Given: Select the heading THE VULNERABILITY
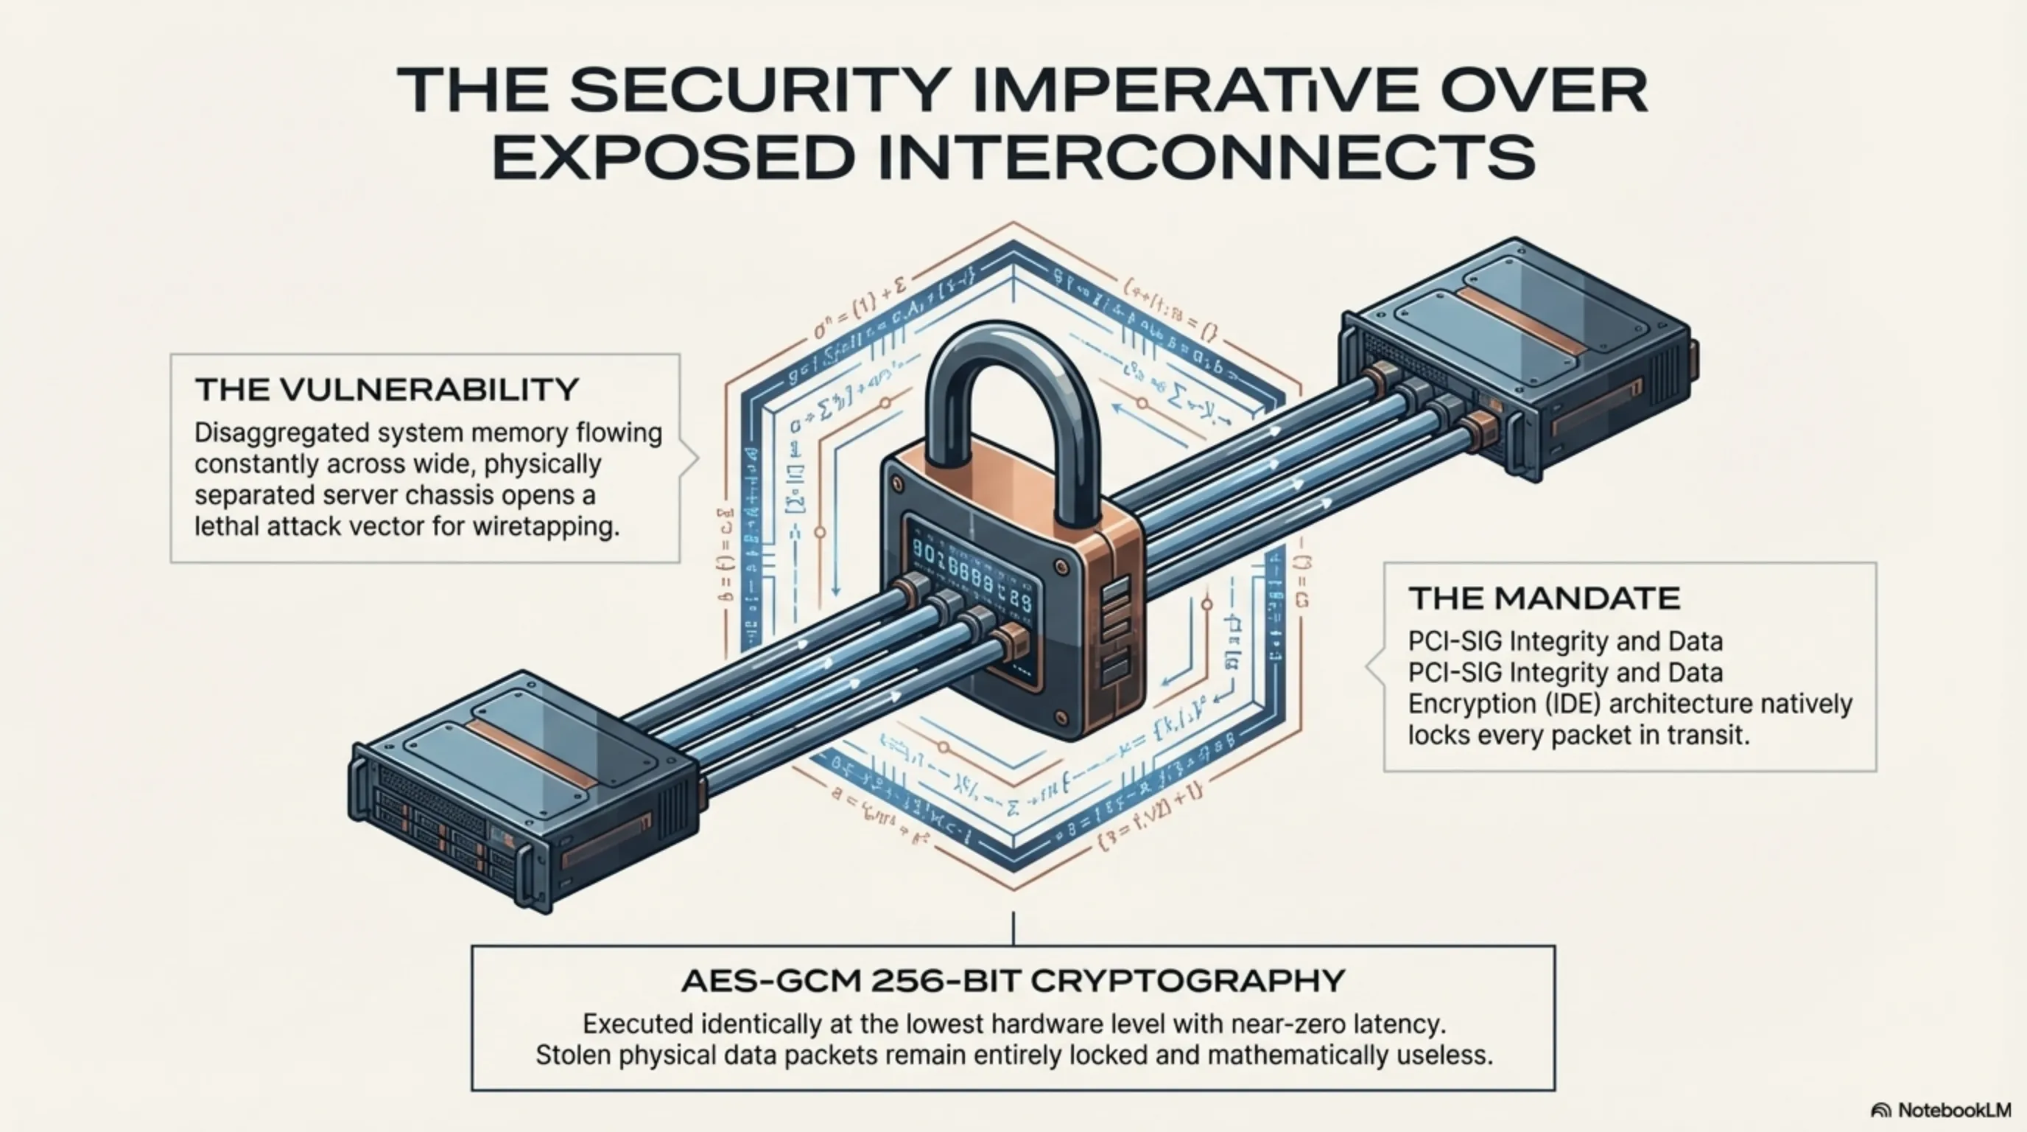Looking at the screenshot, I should point(387,390).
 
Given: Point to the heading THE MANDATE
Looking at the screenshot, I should point(1544,598).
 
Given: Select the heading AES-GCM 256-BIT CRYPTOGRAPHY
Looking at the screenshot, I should point(1013,981).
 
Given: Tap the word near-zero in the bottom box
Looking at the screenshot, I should point(1235,1024).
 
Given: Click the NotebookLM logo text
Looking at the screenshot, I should point(1954,1110).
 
